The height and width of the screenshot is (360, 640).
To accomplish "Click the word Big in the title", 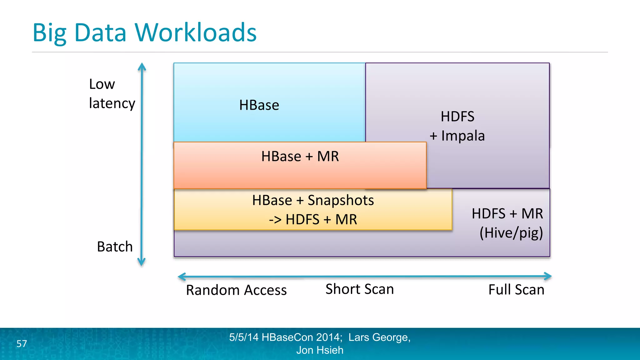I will click(x=49, y=33).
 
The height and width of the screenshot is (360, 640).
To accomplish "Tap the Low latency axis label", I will click(x=112, y=93).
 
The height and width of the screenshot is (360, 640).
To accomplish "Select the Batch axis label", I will click(x=115, y=247).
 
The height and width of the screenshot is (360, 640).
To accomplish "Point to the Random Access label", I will click(x=236, y=290).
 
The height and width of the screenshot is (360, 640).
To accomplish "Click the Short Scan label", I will click(x=360, y=289).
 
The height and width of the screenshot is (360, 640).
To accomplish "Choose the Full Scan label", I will click(x=516, y=290).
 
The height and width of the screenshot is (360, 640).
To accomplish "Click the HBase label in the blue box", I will click(x=259, y=105).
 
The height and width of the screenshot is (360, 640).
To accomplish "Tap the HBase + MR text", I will click(x=300, y=156).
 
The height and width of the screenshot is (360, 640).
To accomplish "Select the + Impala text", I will click(x=457, y=136).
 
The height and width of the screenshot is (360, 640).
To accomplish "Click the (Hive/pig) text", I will click(x=511, y=233).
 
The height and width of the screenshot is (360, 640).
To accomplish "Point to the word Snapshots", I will click(x=341, y=200).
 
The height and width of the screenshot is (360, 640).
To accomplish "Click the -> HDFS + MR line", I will click(x=313, y=219).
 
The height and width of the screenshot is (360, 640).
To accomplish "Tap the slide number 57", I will click(x=22, y=344).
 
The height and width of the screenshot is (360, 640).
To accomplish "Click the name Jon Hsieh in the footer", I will click(x=320, y=350).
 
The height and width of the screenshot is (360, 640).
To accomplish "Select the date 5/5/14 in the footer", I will click(x=244, y=337).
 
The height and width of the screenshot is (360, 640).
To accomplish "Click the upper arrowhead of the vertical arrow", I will click(x=142, y=66).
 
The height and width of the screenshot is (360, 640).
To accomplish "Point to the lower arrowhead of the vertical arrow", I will click(x=142, y=262).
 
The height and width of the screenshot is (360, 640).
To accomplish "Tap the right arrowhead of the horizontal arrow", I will click(x=548, y=276).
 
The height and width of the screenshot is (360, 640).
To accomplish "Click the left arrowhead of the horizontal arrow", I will click(x=182, y=277).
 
